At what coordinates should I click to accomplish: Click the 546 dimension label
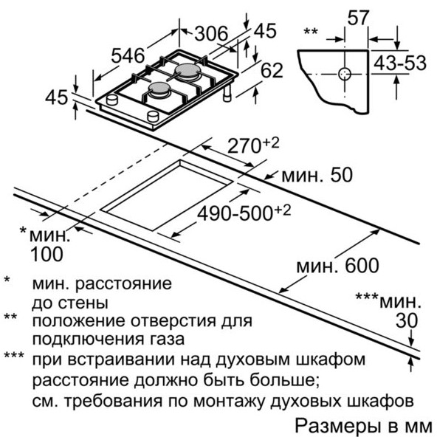(128, 55)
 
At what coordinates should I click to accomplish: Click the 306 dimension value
(211, 33)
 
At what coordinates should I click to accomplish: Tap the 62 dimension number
(272, 70)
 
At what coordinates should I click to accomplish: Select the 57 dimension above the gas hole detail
(358, 18)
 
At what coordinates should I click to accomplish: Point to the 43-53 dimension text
(400, 63)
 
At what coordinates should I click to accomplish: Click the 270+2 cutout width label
(253, 145)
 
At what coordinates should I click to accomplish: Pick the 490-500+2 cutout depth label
(244, 213)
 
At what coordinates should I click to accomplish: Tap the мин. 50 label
(317, 175)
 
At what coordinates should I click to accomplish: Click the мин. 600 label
(337, 266)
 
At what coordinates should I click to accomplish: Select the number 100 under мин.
(47, 254)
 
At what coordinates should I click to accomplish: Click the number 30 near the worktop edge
(407, 320)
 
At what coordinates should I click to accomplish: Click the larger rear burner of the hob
(187, 70)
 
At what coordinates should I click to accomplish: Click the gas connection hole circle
(345, 74)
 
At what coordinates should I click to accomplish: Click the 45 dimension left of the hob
(57, 97)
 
